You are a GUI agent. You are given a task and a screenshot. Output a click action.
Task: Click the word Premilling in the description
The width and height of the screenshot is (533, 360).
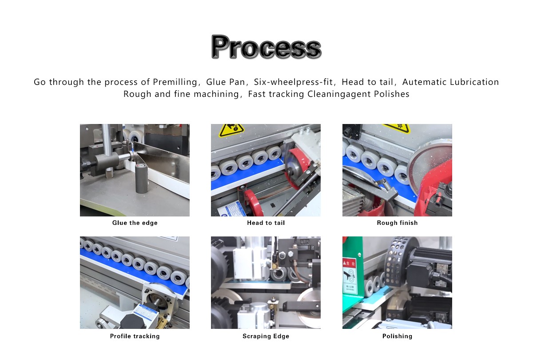pyautogui.click(x=175, y=82)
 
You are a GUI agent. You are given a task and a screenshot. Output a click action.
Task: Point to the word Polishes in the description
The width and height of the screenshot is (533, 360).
pyautogui.click(x=392, y=94)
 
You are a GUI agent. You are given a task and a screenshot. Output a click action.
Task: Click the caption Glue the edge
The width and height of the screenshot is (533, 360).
pyautogui.click(x=135, y=223)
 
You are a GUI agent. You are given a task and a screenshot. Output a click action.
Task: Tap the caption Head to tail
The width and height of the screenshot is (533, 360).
pyautogui.click(x=266, y=223)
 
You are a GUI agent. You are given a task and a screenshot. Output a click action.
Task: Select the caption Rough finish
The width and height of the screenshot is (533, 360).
pyautogui.click(x=397, y=223)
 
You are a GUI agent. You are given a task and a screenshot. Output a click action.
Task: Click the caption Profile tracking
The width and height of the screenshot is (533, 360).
pyautogui.click(x=135, y=336)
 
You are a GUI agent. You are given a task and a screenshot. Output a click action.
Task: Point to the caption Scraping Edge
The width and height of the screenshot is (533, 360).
pyautogui.click(x=266, y=336)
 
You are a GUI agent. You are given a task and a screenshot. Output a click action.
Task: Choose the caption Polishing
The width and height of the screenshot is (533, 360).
pyautogui.click(x=397, y=336)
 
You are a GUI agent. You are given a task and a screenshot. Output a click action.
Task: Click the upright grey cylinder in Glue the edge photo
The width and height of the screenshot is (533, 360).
pyautogui.click(x=141, y=178)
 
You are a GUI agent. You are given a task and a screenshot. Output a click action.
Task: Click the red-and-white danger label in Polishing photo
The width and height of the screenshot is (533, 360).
pyautogui.click(x=350, y=276)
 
